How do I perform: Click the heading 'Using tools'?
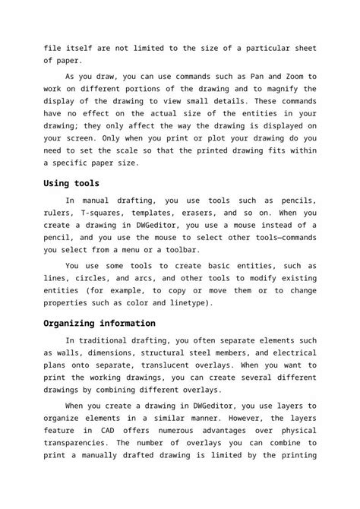click(71, 183)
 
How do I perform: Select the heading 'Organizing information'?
click(99, 323)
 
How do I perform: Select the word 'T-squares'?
click(104, 213)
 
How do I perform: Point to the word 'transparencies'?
click(80, 442)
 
